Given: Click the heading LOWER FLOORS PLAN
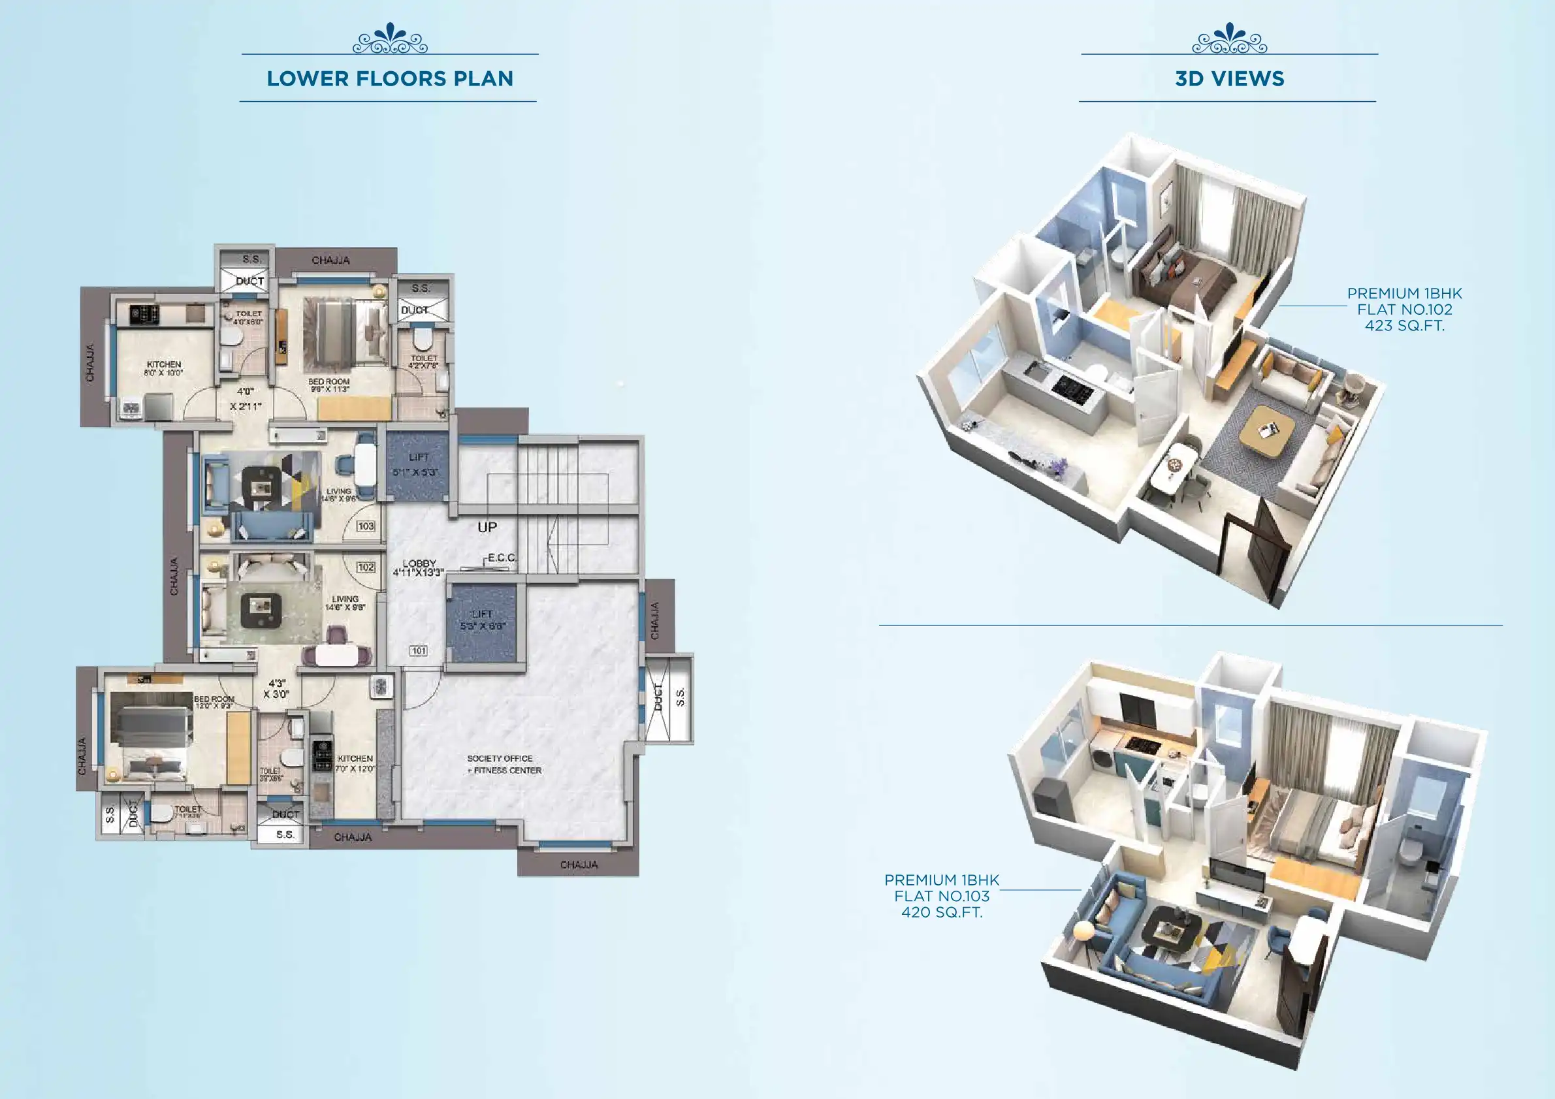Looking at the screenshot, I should (389, 78).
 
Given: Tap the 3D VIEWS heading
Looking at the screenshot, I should (1228, 78).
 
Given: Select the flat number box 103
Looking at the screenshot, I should (366, 526).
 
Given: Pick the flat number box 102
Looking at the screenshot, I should (366, 567).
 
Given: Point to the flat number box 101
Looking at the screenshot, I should (419, 651).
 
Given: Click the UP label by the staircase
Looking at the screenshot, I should (487, 527).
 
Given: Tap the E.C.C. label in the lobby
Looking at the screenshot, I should (502, 558).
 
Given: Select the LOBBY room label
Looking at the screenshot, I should (419, 567).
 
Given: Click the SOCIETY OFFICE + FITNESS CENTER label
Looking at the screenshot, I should (504, 764).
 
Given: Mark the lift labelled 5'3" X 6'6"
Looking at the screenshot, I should (483, 620).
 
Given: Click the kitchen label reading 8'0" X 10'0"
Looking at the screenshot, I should (164, 368).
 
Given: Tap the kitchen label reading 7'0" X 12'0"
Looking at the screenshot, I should (355, 764).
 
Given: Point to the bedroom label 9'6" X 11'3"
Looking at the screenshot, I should (329, 385).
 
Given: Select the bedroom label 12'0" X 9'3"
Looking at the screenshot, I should (214, 702).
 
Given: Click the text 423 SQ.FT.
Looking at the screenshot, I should (1404, 326).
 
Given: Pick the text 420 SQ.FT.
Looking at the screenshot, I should (941, 912).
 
